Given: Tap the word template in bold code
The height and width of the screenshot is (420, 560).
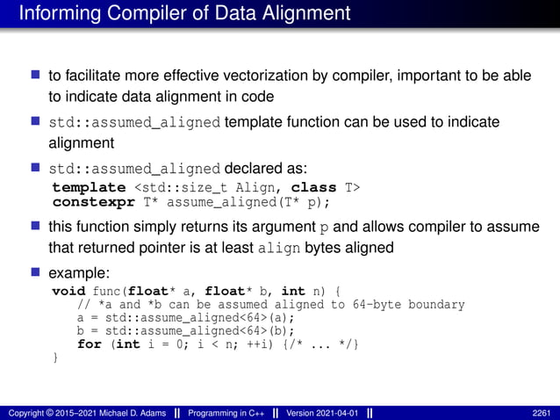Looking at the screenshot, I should (x=89, y=187).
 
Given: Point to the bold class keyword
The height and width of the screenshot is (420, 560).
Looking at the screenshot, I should (x=313, y=187).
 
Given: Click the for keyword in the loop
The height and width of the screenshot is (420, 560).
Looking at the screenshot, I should (x=89, y=344).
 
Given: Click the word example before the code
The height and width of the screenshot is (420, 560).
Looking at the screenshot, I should (x=80, y=272).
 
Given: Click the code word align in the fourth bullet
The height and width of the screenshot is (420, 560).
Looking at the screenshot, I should (x=281, y=248).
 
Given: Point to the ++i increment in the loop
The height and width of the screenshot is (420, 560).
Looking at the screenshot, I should (x=259, y=344).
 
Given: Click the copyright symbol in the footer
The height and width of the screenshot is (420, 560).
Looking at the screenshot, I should (x=49, y=412).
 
